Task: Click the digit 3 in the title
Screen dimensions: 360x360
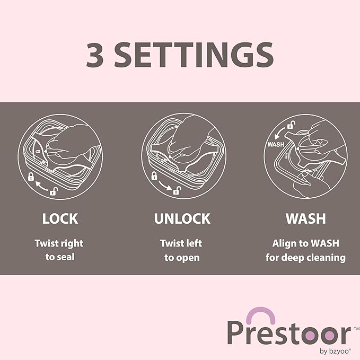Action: coord(95,55)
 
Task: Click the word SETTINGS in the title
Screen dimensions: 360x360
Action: coord(194,55)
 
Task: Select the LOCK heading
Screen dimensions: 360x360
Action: coord(60,218)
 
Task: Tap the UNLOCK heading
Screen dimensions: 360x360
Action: coord(182,218)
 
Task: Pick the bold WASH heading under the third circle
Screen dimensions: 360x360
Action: coord(306,218)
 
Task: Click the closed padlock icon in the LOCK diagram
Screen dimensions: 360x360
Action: coord(31,177)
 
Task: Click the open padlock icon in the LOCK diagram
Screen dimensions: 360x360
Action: coord(54,191)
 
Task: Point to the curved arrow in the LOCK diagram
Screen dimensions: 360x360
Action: coord(41,186)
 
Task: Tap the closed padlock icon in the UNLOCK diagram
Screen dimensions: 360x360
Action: coord(154,176)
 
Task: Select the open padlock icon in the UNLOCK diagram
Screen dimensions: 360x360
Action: coord(177,190)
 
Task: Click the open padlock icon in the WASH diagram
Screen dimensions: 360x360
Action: coord(291,125)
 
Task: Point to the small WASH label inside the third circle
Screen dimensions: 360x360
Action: coord(276,144)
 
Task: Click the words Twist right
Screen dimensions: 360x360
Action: coord(59,243)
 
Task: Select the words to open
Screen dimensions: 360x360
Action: coord(182,258)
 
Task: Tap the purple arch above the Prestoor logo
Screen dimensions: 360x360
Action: coord(260,314)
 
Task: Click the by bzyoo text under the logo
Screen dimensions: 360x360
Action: coord(335,352)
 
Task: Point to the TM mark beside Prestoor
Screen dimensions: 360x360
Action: coord(357,329)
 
